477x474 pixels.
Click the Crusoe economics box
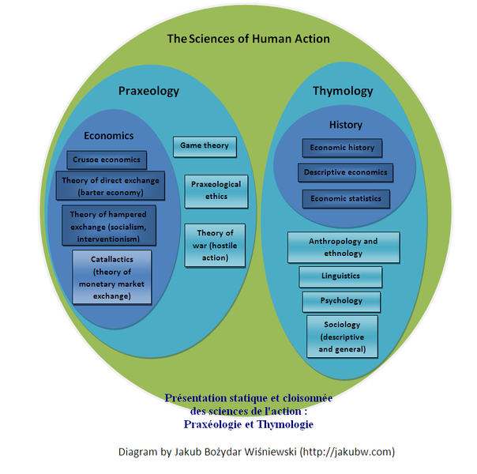[x=106, y=160]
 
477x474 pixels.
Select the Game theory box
[x=204, y=146]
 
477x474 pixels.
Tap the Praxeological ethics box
[x=216, y=190]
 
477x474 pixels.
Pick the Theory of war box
[x=215, y=245]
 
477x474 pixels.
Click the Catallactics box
[x=111, y=277]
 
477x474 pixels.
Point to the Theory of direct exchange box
[x=110, y=186]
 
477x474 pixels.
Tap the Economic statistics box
[x=346, y=198]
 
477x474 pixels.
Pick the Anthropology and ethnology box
[x=344, y=247]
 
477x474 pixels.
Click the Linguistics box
[x=340, y=276]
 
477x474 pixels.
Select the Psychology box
[x=341, y=301]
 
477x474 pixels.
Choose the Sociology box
[x=342, y=337]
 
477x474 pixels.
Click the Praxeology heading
[x=148, y=91]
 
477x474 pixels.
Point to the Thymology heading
[x=343, y=91]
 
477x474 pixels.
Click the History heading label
[x=345, y=125]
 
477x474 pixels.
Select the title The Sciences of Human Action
[x=248, y=39]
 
